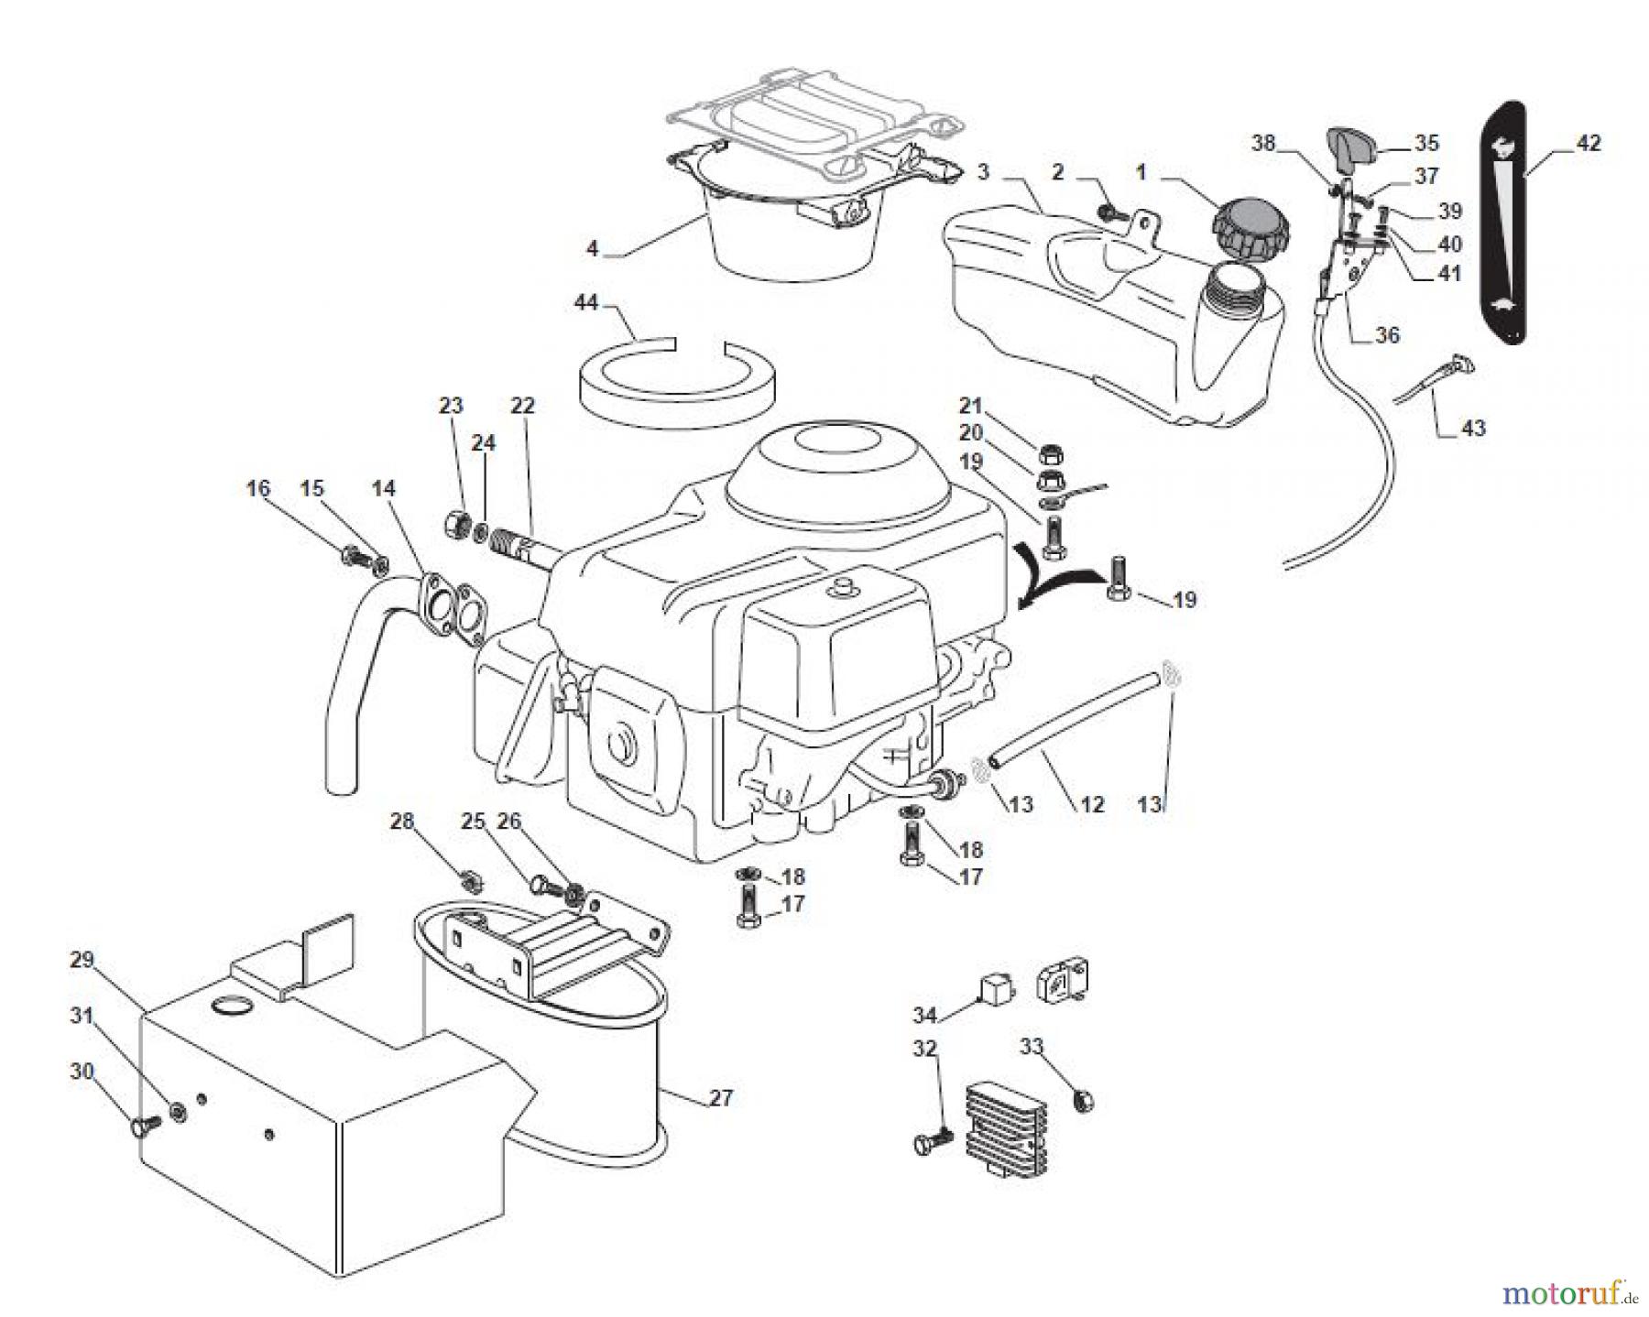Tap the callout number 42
tap(1589, 144)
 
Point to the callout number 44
tap(588, 302)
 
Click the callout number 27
tap(722, 1097)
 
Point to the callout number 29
tap(82, 960)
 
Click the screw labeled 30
tap(143, 1125)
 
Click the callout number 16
tap(258, 488)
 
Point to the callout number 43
tap(1472, 428)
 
